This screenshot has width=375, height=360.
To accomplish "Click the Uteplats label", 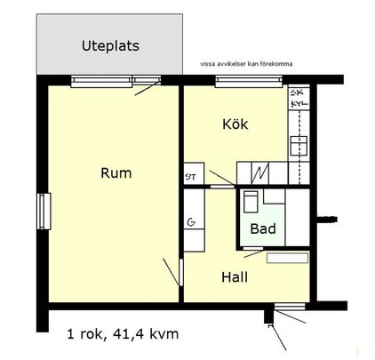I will pyautogui.click(x=110, y=45).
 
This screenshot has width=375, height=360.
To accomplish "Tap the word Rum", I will pyautogui.click(x=116, y=173).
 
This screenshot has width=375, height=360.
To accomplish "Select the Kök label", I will pyautogui.click(x=235, y=125).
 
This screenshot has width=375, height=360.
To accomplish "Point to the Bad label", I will pyautogui.click(x=262, y=229).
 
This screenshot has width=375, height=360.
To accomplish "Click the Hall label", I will pyautogui.click(x=234, y=277).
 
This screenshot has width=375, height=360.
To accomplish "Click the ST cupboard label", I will pyautogui.click(x=190, y=176).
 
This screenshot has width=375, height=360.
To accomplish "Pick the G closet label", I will pyautogui.click(x=191, y=222).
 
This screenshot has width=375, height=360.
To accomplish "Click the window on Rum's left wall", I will pyautogui.click(x=41, y=212).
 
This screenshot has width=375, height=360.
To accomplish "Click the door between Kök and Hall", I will pyautogui.click(x=223, y=188).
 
